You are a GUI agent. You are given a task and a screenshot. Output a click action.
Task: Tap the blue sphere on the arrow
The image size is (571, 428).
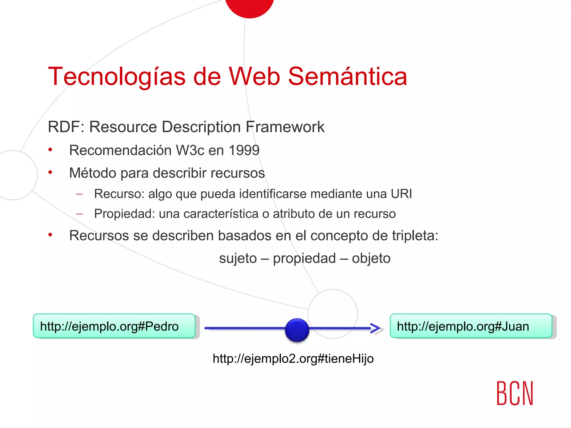point(297,330)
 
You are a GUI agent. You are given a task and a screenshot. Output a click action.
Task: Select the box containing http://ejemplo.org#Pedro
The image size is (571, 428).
point(114,326)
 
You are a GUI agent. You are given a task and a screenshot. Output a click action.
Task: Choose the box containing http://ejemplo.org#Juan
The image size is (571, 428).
point(471,326)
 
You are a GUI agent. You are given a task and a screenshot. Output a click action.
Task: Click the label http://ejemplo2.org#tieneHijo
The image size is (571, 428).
point(293,359)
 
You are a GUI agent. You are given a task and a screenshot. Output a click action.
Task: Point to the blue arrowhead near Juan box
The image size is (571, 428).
point(376,328)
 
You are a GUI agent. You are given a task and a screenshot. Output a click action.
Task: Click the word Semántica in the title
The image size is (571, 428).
point(347,76)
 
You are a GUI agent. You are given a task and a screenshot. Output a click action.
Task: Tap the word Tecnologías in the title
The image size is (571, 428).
point(117,77)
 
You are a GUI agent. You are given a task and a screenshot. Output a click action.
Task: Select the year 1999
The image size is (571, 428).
point(244,150)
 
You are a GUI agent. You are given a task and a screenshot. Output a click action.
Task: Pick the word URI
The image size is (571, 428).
point(401,194)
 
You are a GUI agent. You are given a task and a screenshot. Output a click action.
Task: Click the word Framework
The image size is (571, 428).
point(285,127)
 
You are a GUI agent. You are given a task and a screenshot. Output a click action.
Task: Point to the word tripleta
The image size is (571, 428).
point(415,236)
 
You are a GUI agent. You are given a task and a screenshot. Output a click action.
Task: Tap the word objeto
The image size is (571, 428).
point(371,259)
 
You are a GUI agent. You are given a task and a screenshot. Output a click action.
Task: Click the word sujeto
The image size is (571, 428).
point(238,259)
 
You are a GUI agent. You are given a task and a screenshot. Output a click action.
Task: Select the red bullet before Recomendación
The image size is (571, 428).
point(50,150)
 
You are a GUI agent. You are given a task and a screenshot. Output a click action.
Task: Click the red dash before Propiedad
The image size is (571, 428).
point(79,214)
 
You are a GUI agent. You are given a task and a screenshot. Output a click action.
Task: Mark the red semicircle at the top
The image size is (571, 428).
point(250,7)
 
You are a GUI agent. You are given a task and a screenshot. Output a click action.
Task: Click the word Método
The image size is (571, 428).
point(93,173)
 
